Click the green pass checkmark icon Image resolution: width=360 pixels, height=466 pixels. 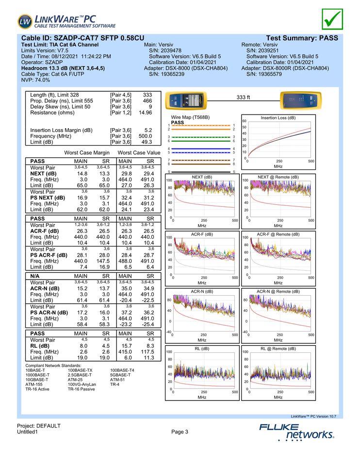pyautogui.click(x=332, y=19)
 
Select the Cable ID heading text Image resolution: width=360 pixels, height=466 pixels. pyautogui.click(x=83, y=38)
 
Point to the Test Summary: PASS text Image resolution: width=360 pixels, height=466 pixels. pyautogui.click(x=302, y=38)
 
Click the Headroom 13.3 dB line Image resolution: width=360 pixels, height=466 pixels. pyautogui.click(x=64, y=68)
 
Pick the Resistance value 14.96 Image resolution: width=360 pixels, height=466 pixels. pyautogui.click(x=145, y=113)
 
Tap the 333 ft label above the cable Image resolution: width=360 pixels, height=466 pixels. pyautogui.click(x=243, y=98)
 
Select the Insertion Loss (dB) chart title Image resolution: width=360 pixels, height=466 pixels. pyautogui.click(x=278, y=117)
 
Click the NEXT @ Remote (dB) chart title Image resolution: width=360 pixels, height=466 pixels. pyautogui.click(x=278, y=177)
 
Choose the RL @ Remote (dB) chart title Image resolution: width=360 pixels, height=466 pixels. pyautogui.click(x=278, y=349)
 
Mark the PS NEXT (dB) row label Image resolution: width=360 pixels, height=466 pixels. pyautogui.click(x=48, y=198)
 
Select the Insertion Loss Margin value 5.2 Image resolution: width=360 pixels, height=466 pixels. pyautogui.click(x=148, y=130)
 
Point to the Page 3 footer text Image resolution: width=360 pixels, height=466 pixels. pyautogui.click(x=180, y=432)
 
